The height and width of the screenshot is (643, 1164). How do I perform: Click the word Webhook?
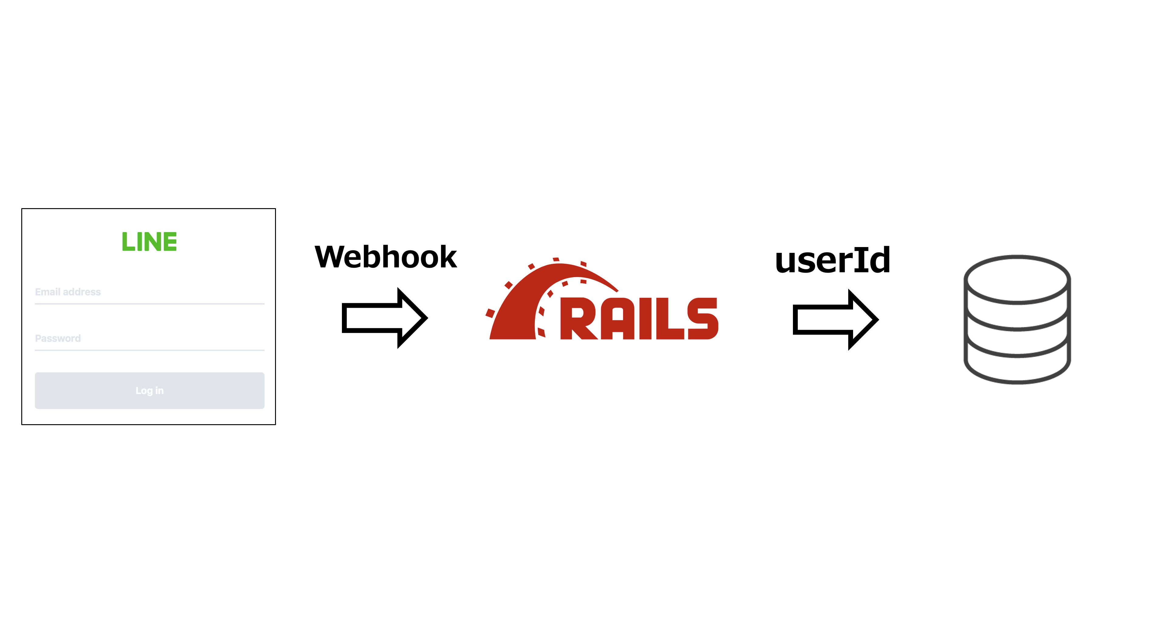pos(385,257)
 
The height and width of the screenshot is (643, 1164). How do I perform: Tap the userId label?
pos(832,260)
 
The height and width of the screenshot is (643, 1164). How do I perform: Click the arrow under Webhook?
pos(384,318)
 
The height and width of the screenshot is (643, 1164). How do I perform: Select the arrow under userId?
pos(835,319)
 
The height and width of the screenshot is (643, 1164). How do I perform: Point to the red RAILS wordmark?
pos(639,318)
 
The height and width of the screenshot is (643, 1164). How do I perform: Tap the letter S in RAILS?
pos(703,318)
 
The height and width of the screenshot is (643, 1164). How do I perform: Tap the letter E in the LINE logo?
pos(170,242)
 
